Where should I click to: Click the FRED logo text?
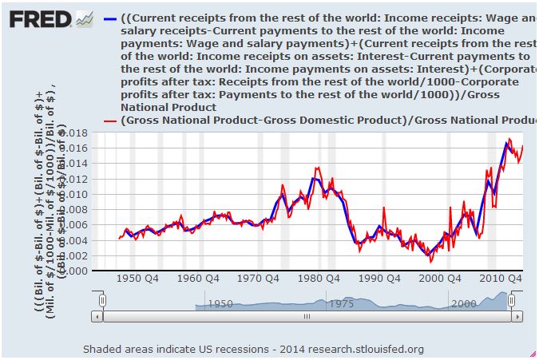(38, 18)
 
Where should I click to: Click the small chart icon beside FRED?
(84, 18)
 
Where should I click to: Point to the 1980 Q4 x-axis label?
(322, 279)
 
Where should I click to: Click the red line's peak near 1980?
(318, 168)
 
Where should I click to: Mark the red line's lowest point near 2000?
(430, 261)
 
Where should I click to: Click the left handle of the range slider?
(102, 300)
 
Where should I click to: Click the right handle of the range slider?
(512, 300)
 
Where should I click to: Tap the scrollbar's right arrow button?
(517, 316)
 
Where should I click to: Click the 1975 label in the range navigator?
(342, 304)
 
